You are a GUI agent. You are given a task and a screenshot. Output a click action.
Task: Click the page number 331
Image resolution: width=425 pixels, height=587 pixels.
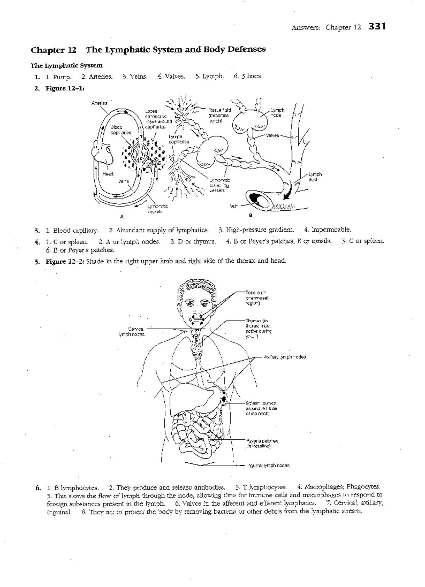pyautogui.click(x=376, y=27)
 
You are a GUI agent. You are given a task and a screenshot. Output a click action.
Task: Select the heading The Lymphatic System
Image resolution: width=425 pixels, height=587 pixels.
pyautogui.click(x=67, y=65)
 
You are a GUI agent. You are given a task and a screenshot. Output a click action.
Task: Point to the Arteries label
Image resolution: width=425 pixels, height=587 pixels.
pyautogui.click(x=99, y=103)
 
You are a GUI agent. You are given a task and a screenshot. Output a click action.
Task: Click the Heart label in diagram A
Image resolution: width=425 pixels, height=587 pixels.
pyautogui.click(x=108, y=174)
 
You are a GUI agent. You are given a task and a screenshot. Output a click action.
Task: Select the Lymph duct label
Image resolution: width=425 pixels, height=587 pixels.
pyautogui.click(x=314, y=177)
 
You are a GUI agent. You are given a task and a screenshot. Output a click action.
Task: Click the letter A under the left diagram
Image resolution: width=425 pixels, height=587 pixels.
pyautogui.click(x=121, y=216)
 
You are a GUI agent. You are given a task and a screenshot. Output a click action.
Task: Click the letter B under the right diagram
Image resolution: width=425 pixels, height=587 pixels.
pyautogui.click(x=251, y=215)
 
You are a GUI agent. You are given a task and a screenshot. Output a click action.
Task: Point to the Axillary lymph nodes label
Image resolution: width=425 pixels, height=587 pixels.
pyautogui.click(x=285, y=357)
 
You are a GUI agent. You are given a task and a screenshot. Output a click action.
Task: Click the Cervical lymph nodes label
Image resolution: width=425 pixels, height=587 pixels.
pyautogui.click(x=131, y=331)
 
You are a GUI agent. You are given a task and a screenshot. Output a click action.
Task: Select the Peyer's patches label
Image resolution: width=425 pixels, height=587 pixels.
pyautogui.click(x=262, y=443)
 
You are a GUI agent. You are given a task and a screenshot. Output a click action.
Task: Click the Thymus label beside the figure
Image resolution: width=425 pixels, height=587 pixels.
pyautogui.click(x=259, y=329)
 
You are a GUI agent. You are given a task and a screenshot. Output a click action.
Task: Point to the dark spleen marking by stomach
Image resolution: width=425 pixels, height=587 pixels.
pyautogui.click(x=224, y=399)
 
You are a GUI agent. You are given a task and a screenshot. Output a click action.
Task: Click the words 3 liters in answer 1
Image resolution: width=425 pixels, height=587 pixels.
pyautogui.click(x=248, y=76)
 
